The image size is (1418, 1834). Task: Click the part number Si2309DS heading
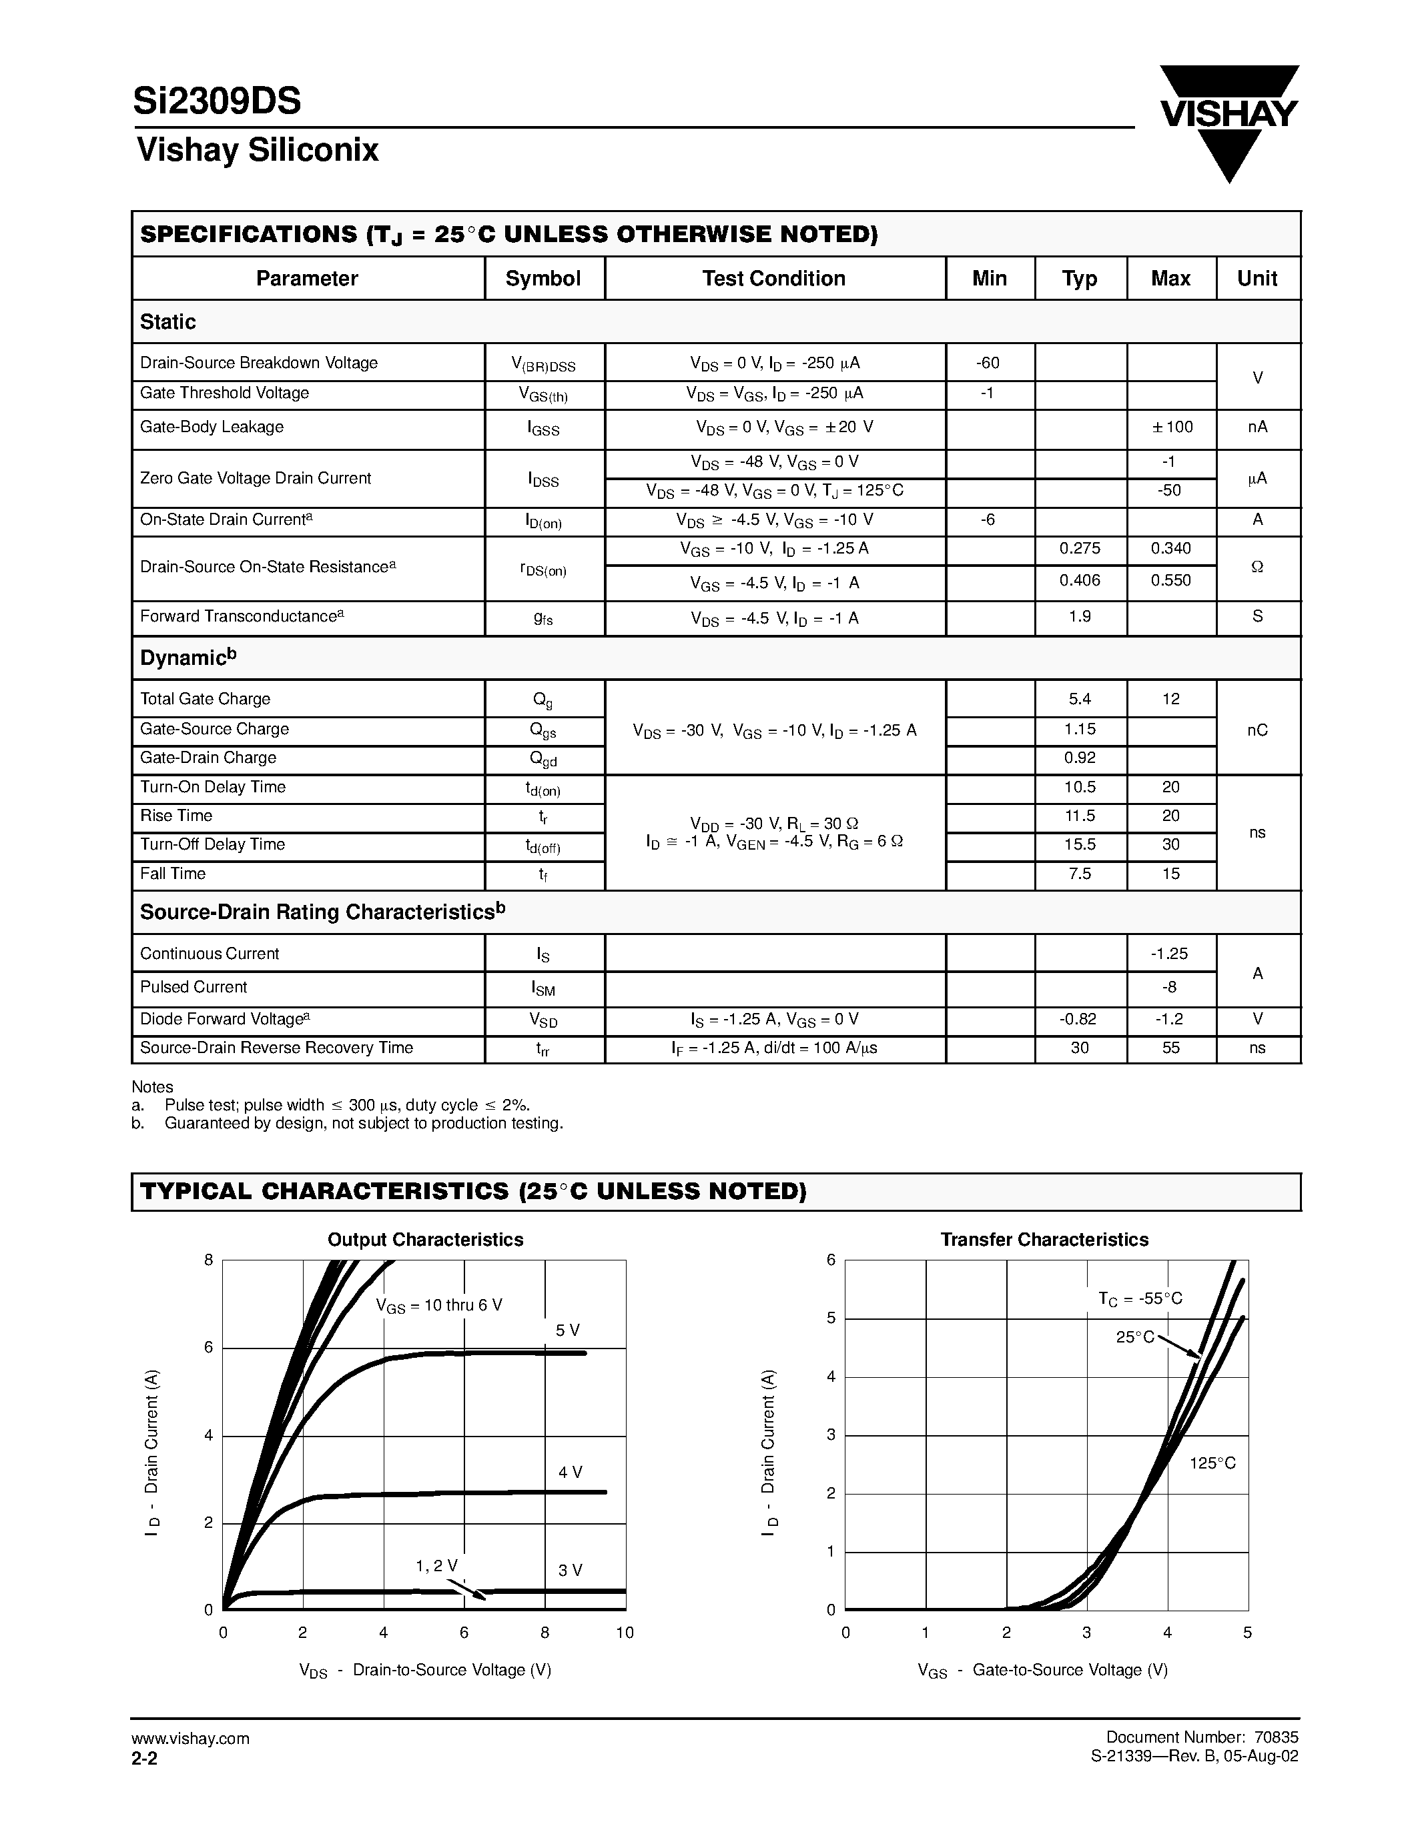pyautogui.click(x=217, y=101)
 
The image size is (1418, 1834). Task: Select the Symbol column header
pyautogui.click(x=543, y=279)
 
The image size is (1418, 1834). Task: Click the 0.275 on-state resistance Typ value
pyautogui.click(x=1080, y=548)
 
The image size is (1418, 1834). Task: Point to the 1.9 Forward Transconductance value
pyautogui.click(x=1080, y=616)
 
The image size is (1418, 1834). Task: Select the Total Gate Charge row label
pyautogui.click(x=205, y=699)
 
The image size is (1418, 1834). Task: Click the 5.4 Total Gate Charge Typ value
pyautogui.click(x=1080, y=699)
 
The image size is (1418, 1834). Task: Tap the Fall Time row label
pyautogui.click(x=172, y=874)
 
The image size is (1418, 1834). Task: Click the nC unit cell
pyautogui.click(x=1257, y=730)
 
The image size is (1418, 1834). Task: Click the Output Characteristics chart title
pyautogui.click(x=425, y=1240)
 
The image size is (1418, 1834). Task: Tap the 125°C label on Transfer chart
pyautogui.click(x=1212, y=1463)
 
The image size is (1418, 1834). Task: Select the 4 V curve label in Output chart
pyautogui.click(x=571, y=1472)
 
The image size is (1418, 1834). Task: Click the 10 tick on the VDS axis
pyautogui.click(x=624, y=1633)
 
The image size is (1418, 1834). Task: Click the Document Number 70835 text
pyautogui.click(x=1201, y=1737)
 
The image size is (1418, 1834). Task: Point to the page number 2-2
pyautogui.click(x=145, y=1756)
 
